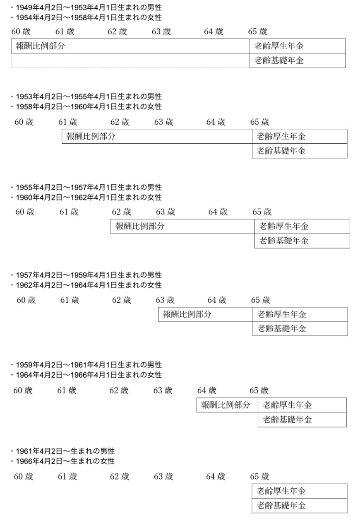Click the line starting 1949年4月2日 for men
coord(89,8)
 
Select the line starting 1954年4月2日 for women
coord(89,18)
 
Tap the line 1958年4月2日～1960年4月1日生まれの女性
coord(89,107)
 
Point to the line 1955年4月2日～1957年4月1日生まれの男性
coord(89,187)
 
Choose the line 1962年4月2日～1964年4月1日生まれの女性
coord(89,285)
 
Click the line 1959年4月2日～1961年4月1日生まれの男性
coord(89,365)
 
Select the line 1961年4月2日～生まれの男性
coord(65,451)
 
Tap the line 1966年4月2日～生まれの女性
coord(65,461)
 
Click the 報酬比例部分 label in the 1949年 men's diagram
coord(41,46)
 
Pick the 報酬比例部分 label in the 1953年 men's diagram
coord(91,136)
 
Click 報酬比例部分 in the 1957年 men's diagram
coord(187,314)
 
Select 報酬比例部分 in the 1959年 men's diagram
coord(226,405)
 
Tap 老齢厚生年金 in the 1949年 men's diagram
coord(279,46)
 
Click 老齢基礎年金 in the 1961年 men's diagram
coord(281,505)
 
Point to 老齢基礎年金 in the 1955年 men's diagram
coord(284,241)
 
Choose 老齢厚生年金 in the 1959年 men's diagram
coord(287,405)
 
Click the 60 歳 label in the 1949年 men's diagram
coord(21,31)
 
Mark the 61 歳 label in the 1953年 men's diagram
coord(68,122)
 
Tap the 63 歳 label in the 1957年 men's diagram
coord(165,300)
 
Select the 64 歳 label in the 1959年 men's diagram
coord(207,390)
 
